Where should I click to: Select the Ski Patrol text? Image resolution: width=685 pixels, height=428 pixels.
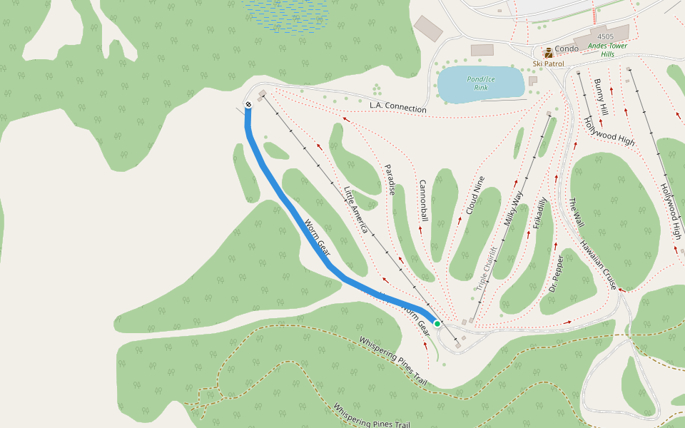click(548, 63)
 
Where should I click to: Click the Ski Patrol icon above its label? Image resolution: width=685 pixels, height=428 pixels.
click(548, 53)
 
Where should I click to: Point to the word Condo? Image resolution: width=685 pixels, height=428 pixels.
click(567, 49)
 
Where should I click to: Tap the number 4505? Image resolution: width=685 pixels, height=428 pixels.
click(605, 36)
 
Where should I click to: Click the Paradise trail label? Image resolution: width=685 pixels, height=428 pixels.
click(391, 179)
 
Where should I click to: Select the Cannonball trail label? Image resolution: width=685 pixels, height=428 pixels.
click(423, 200)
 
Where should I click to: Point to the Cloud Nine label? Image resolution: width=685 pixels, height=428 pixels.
click(475, 195)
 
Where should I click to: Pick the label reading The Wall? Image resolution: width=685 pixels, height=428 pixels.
click(576, 213)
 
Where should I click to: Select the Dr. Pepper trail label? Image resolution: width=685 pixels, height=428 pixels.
click(557, 274)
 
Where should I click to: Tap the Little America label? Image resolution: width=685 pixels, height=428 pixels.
click(355, 210)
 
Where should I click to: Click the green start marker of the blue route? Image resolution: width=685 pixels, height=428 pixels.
click(437, 323)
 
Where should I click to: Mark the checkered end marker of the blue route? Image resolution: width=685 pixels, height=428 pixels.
click(248, 105)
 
